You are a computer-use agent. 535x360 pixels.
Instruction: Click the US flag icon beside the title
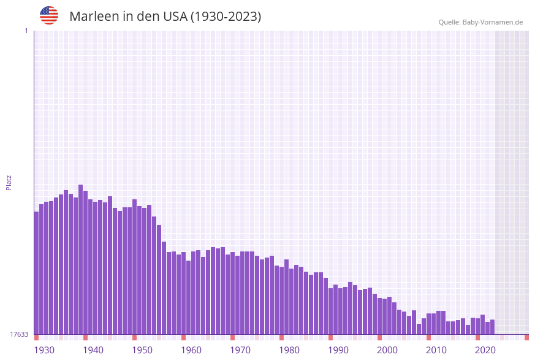(49, 15)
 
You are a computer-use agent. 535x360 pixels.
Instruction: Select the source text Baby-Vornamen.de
(493, 22)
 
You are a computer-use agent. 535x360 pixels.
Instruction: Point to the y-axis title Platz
(9, 182)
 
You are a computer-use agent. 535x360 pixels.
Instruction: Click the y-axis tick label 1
(26, 31)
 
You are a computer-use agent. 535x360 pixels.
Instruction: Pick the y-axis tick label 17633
(19, 334)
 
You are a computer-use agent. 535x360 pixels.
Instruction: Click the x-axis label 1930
(44, 350)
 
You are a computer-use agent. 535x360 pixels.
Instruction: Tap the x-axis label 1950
(142, 350)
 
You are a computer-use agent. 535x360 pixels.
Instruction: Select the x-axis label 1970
(240, 350)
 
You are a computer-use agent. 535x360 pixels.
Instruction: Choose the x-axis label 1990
(338, 350)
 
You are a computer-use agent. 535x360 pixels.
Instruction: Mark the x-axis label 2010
(436, 350)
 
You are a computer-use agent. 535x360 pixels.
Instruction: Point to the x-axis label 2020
(485, 350)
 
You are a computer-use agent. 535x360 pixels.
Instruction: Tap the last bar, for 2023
(492, 327)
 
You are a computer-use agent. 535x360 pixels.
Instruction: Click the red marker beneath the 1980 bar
(281, 337)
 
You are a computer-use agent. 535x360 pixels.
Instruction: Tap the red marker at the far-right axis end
(526, 337)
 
